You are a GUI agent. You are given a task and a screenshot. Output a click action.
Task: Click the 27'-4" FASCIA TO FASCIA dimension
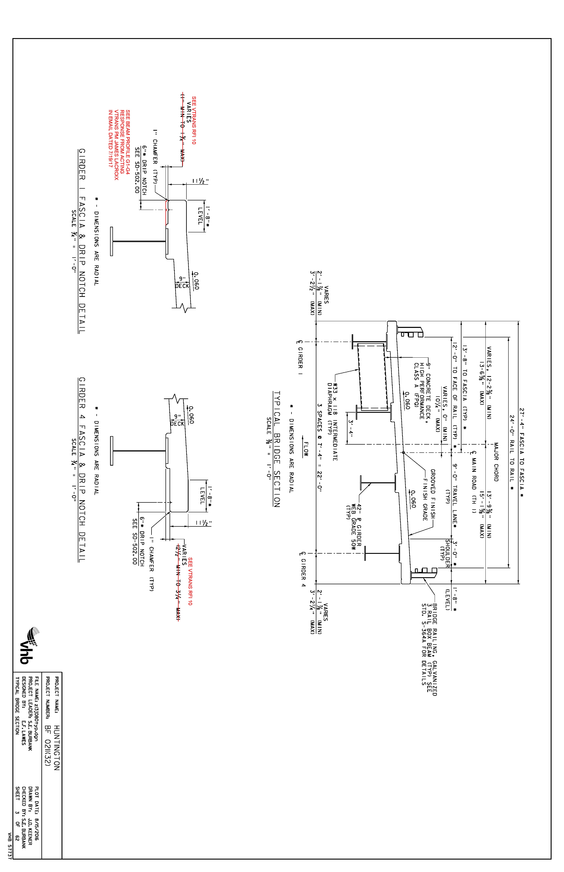pyautogui.click(x=522, y=453)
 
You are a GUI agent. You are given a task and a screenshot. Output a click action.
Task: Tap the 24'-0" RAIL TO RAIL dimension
pyautogui.click(x=512, y=453)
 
